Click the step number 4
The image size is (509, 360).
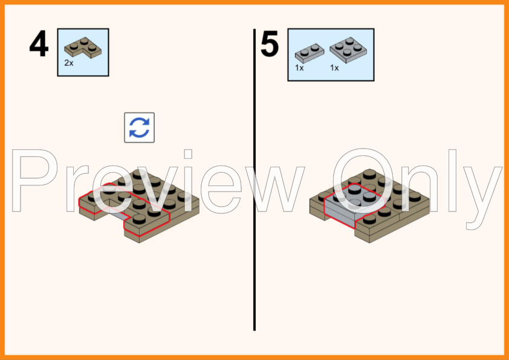[x=39, y=43]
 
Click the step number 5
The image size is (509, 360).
[x=270, y=43]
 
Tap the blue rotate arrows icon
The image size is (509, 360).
[x=139, y=127]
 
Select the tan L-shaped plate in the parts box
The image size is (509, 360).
[x=83, y=47]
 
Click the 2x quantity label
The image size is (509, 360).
[x=69, y=63]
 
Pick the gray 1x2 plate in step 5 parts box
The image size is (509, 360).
[x=310, y=53]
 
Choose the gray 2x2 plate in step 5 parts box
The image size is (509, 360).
[x=348, y=50]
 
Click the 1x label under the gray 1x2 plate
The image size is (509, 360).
[x=299, y=68]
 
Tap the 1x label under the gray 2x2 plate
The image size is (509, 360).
[x=334, y=68]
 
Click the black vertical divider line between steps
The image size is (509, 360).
[x=254, y=179]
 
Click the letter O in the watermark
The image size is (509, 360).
[x=363, y=181]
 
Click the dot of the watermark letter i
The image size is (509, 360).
[x=188, y=154]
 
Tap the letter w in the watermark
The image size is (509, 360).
[x=273, y=190]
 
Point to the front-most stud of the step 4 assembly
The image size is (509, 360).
[x=139, y=219]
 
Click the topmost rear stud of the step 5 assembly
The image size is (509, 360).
[x=369, y=174]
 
